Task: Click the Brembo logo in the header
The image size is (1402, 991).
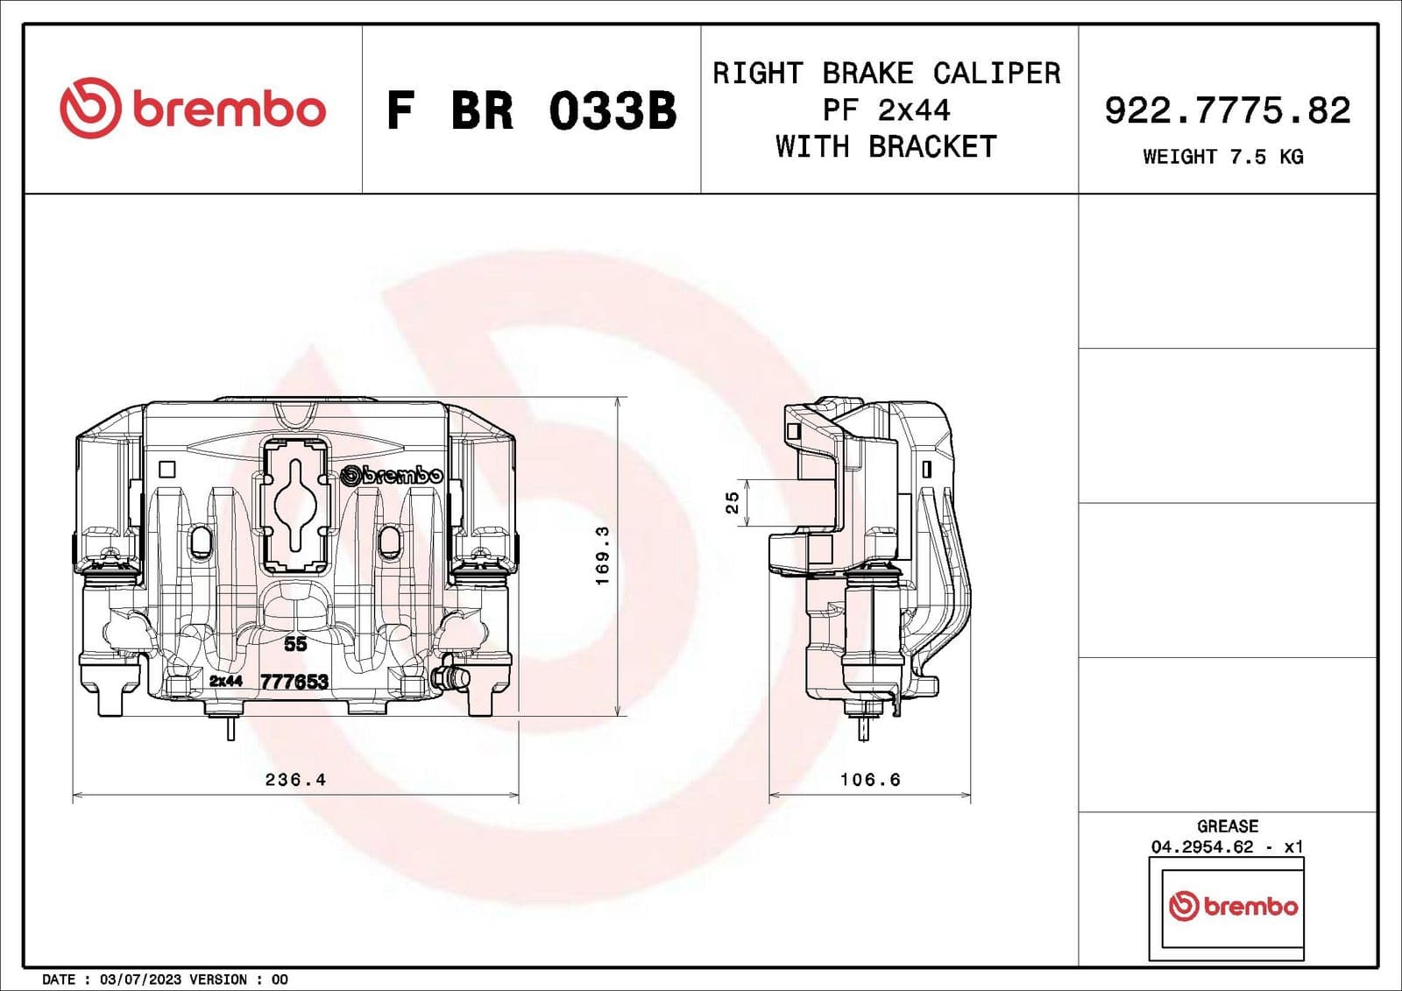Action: pyautogui.click(x=192, y=108)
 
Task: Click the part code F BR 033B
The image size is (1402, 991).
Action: pyautogui.click(x=531, y=111)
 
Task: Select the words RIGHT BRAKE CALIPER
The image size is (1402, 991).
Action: pyautogui.click(x=886, y=73)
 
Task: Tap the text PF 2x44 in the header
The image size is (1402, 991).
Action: pyautogui.click(x=886, y=110)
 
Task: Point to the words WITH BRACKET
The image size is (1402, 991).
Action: pyautogui.click(x=886, y=146)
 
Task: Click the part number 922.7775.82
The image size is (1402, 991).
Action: pyautogui.click(x=1227, y=110)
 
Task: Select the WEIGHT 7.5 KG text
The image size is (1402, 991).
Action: pyautogui.click(x=1222, y=157)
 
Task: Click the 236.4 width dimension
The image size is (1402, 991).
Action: pyautogui.click(x=295, y=779)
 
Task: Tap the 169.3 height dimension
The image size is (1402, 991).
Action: pyautogui.click(x=602, y=556)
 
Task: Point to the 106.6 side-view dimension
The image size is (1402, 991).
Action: pyautogui.click(x=869, y=779)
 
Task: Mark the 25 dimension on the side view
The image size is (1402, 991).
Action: pyautogui.click(x=733, y=502)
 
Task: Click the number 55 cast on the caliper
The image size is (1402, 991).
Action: pyautogui.click(x=295, y=644)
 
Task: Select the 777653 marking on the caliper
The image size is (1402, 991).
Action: pyautogui.click(x=294, y=682)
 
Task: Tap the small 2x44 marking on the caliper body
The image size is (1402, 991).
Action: pyautogui.click(x=225, y=681)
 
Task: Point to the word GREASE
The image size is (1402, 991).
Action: pyautogui.click(x=1227, y=826)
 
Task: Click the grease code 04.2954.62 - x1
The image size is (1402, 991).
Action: pyautogui.click(x=1227, y=846)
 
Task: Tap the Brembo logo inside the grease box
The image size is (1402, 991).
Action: pyautogui.click(x=1233, y=906)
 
